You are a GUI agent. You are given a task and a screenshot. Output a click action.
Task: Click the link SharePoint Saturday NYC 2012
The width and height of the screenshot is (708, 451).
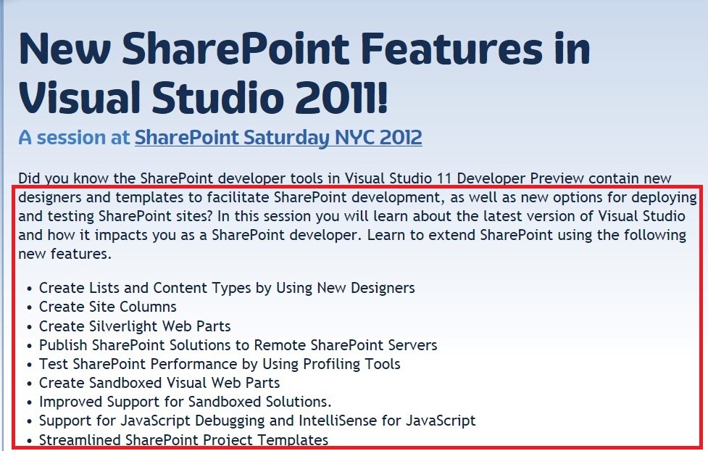pyautogui.click(x=278, y=137)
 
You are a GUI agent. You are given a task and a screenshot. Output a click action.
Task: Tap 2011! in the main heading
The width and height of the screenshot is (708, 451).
pyautogui.click(x=342, y=97)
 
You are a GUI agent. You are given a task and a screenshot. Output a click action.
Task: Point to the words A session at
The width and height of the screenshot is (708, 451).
pyautogui.click(x=74, y=137)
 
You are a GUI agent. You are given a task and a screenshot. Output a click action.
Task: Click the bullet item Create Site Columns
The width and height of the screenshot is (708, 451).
pyautogui.click(x=107, y=307)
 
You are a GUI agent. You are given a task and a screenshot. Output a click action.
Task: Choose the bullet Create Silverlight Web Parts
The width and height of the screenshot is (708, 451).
pyautogui.click(x=135, y=326)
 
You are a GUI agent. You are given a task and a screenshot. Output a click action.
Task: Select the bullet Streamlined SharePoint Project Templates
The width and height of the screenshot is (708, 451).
pyautogui.click(x=183, y=439)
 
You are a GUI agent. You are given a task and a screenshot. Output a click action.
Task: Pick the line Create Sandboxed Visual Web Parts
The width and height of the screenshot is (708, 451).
pyautogui.click(x=159, y=383)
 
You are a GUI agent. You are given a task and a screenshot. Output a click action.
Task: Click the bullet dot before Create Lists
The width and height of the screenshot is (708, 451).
pyautogui.click(x=30, y=289)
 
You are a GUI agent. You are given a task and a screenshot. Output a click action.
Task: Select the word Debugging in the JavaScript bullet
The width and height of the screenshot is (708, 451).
pyautogui.click(x=229, y=421)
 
